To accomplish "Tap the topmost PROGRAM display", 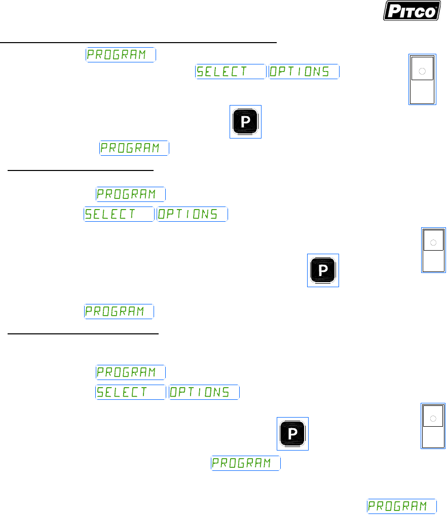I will [121, 55].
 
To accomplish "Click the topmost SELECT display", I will [231, 72].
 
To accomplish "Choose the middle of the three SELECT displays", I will [119, 214].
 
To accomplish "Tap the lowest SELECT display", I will [131, 392].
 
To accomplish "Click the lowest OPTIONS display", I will [204, 392].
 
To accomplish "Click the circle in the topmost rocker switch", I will [422, 72].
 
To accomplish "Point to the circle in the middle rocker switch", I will [433, 243].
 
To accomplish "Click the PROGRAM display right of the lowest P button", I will [246, 463].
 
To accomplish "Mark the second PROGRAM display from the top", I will [134, 148].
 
